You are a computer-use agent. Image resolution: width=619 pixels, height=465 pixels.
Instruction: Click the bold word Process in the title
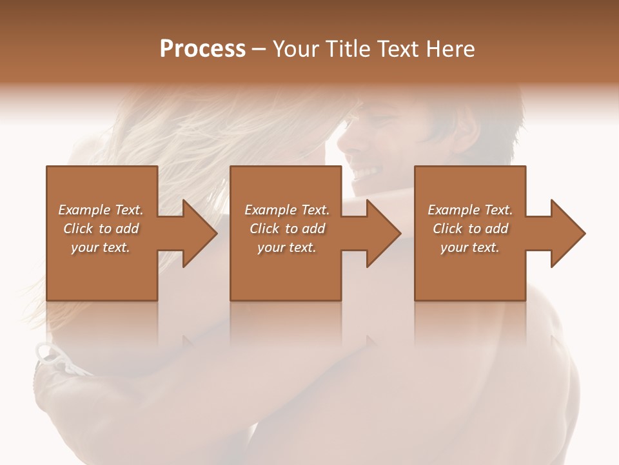click(202, 49)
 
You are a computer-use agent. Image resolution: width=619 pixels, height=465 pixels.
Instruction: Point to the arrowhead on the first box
click(199, 233)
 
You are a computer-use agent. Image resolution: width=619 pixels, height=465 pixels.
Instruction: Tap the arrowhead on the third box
click(567, 233)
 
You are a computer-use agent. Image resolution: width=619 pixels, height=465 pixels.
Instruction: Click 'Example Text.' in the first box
click(101, 210)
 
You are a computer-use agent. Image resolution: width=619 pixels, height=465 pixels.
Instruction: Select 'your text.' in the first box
click(101, 247)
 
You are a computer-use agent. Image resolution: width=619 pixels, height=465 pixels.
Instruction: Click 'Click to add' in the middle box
click(287, 229)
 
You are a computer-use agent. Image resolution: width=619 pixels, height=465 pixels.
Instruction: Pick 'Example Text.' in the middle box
click(287, 210)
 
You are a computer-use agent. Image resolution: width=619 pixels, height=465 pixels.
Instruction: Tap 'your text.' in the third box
click(470, 247)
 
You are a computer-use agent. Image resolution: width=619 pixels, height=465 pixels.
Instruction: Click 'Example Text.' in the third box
click(470, 210)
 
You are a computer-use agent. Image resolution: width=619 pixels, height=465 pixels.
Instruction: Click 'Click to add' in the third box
click(470, 229)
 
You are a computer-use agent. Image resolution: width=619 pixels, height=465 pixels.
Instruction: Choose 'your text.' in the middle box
click(287, 247)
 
